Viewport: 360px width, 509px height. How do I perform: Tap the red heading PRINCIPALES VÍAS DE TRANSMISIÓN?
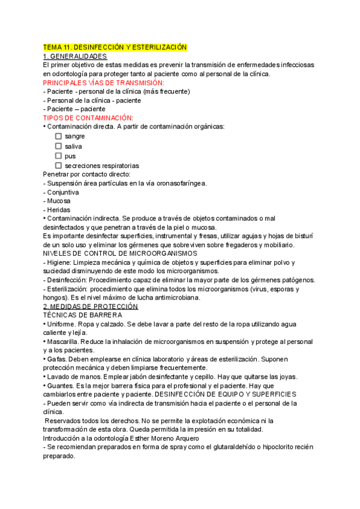click(x=104, y=82)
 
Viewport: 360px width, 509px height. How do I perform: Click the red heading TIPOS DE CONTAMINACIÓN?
click(x=88, y=118)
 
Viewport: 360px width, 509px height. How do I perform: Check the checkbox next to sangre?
click(x=59, y=136)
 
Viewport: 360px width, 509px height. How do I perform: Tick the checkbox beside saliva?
click(x=59, y=146)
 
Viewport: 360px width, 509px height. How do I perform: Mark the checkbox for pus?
click(x=59, y=155)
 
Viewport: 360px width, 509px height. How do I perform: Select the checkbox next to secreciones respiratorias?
click(x=59, y=165)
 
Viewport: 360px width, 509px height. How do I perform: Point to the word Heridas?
click(x=59, y=210)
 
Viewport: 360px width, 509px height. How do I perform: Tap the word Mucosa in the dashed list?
click(x=59, y=201)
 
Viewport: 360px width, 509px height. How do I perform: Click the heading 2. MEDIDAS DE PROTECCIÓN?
click(x=91, y=306)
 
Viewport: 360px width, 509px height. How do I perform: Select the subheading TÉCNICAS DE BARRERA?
click(x=83, y=315)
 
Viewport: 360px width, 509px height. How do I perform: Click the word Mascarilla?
click(x=65, y=342)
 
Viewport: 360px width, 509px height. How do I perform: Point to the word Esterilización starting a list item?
click(x=69, y=289)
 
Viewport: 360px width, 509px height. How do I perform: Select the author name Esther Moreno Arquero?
click(x=169, y=438)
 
